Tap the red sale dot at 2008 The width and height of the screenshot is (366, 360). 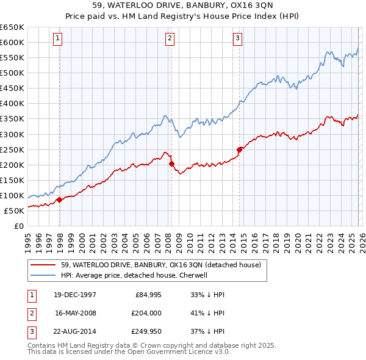(x=171, y=164)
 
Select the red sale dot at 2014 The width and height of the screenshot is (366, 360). (x=239, y=149)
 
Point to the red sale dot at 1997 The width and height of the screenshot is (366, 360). (x=59, y=200)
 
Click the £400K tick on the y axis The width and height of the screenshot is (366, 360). (x=12, y=103)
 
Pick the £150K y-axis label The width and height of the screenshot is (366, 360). (x=12, y=180)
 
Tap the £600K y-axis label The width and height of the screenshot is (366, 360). (x=12, y=42)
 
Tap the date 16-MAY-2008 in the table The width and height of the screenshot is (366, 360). (x=76, y=313)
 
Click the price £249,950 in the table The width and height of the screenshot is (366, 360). (x=145, y=331)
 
